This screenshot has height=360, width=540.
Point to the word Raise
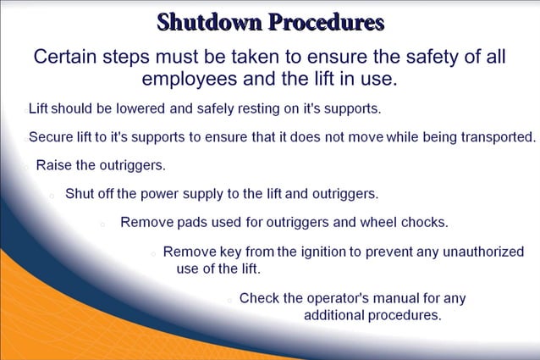coord(55,165)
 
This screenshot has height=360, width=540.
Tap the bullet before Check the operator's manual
coord(229,300)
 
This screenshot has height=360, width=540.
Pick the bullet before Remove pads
coord(102,224)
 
